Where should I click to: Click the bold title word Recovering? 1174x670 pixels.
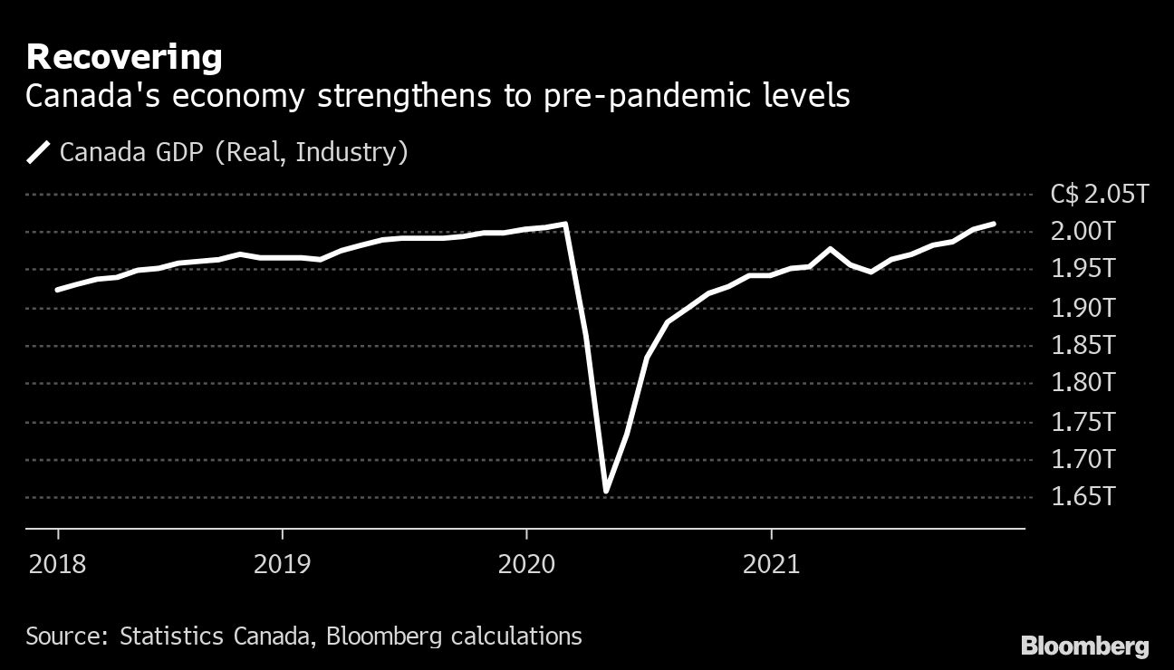(124, 58)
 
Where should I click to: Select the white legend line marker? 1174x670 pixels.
(40, 151)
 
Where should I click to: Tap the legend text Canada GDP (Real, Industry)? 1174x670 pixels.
(234, 151)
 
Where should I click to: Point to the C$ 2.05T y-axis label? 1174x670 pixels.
(1099, 195)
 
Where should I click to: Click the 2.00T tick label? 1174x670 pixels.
(1083, 232)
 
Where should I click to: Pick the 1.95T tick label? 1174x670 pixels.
(1083, 270)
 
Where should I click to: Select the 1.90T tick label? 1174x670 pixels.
(1083, 308)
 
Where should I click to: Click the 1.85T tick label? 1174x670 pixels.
(1083, 346)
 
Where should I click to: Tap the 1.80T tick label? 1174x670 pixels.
(1083, 384)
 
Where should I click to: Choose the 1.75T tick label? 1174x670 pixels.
(1083, 422)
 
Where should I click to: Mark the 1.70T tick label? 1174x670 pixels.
(1083, 460)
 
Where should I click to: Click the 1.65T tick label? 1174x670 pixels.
(1083, 498)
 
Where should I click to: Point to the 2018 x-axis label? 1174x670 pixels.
(58, 565)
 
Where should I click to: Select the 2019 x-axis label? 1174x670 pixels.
(283, 565)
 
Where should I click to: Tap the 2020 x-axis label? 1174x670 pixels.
(526, 565)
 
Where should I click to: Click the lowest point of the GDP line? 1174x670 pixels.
(605, 491)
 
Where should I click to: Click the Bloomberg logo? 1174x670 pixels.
(1084, 646)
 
